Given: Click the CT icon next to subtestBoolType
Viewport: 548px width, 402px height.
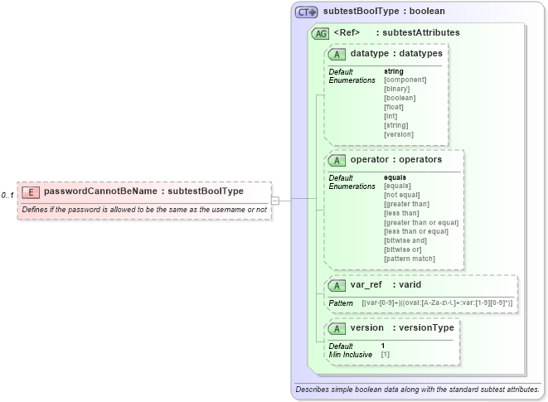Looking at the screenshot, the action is (308, 12).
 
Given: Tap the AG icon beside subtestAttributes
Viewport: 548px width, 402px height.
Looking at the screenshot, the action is (320, 34).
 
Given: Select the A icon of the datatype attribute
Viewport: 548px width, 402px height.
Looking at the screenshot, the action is (337, 55).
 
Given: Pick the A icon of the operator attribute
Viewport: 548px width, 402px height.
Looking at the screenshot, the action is (337, 160).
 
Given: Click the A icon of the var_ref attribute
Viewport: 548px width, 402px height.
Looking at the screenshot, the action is (337, 286).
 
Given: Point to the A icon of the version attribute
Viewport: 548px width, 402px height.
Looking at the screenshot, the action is (337, 328).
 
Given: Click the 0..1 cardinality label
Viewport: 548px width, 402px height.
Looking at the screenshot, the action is (7, 195).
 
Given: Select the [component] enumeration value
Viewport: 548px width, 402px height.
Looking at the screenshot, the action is (405, 80).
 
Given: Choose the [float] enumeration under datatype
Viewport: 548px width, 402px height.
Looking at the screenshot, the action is (394, 107).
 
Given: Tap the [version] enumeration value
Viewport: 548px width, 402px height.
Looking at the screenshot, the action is (399, 133).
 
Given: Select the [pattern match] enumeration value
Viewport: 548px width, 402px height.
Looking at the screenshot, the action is (410, 259).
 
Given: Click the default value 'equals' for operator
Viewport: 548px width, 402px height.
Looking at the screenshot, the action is (395, 177).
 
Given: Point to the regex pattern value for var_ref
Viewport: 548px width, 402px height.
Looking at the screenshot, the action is (437, 303).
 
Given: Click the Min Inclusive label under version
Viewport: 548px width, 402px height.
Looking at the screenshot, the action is (351, 355).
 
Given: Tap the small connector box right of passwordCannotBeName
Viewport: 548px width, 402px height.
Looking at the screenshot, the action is (275, 200).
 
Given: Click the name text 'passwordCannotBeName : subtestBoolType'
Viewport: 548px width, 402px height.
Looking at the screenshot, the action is (143, 191).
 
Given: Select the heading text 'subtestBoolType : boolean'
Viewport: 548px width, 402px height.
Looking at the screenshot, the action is (384, 12).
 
